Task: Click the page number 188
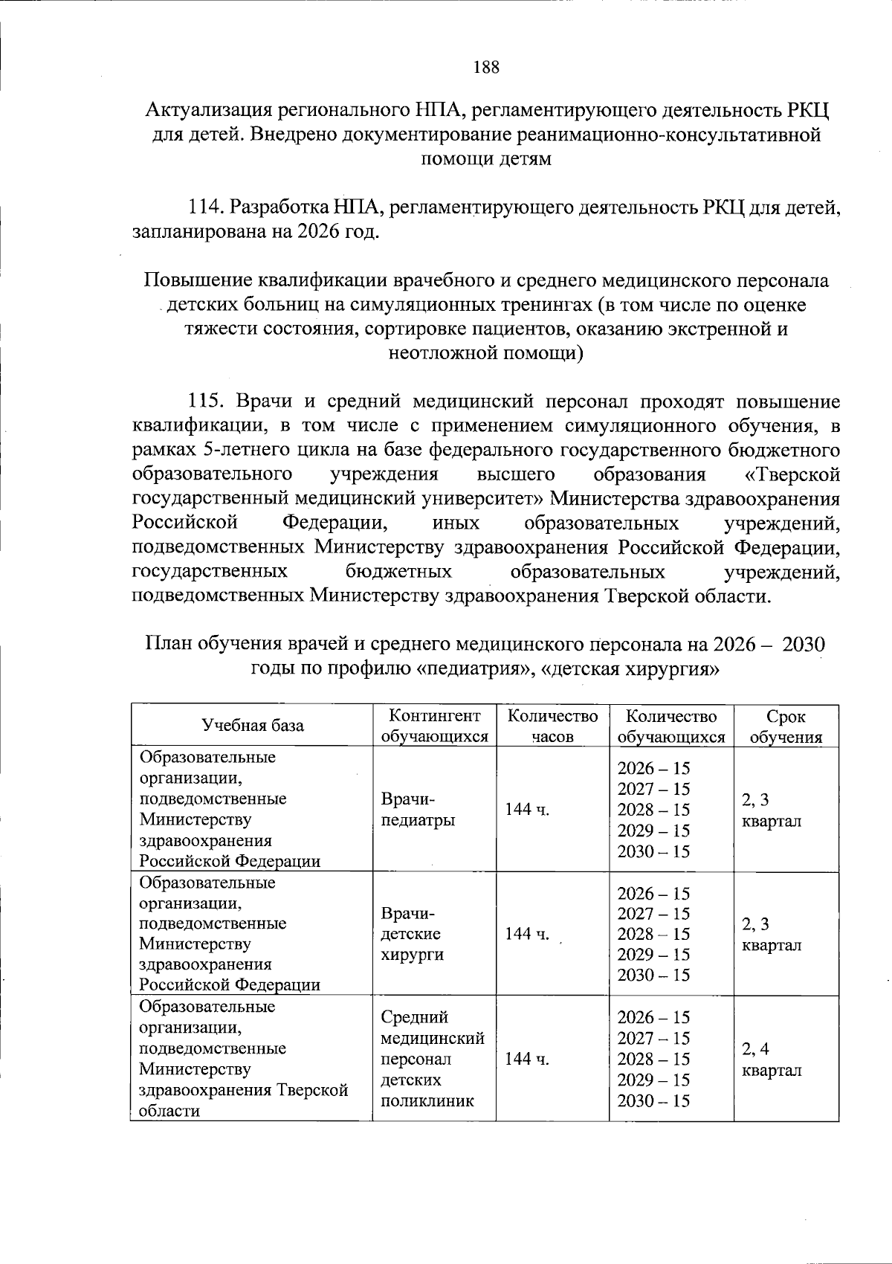point(486,68)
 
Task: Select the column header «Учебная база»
point(253,726)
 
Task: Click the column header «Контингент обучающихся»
point(434,726)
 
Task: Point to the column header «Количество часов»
point(552,726)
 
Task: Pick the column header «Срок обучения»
point(786,726)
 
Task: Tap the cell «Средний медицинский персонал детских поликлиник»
point(432,1058)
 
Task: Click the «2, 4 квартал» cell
point(771,1060)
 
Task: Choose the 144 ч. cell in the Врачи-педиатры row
point(527,810)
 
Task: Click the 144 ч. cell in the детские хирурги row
point(527,934)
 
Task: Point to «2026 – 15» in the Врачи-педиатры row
point(653,768)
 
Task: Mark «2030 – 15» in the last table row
point(653,1100)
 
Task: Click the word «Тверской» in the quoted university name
point(807,474)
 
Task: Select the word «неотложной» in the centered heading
point(445,352)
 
